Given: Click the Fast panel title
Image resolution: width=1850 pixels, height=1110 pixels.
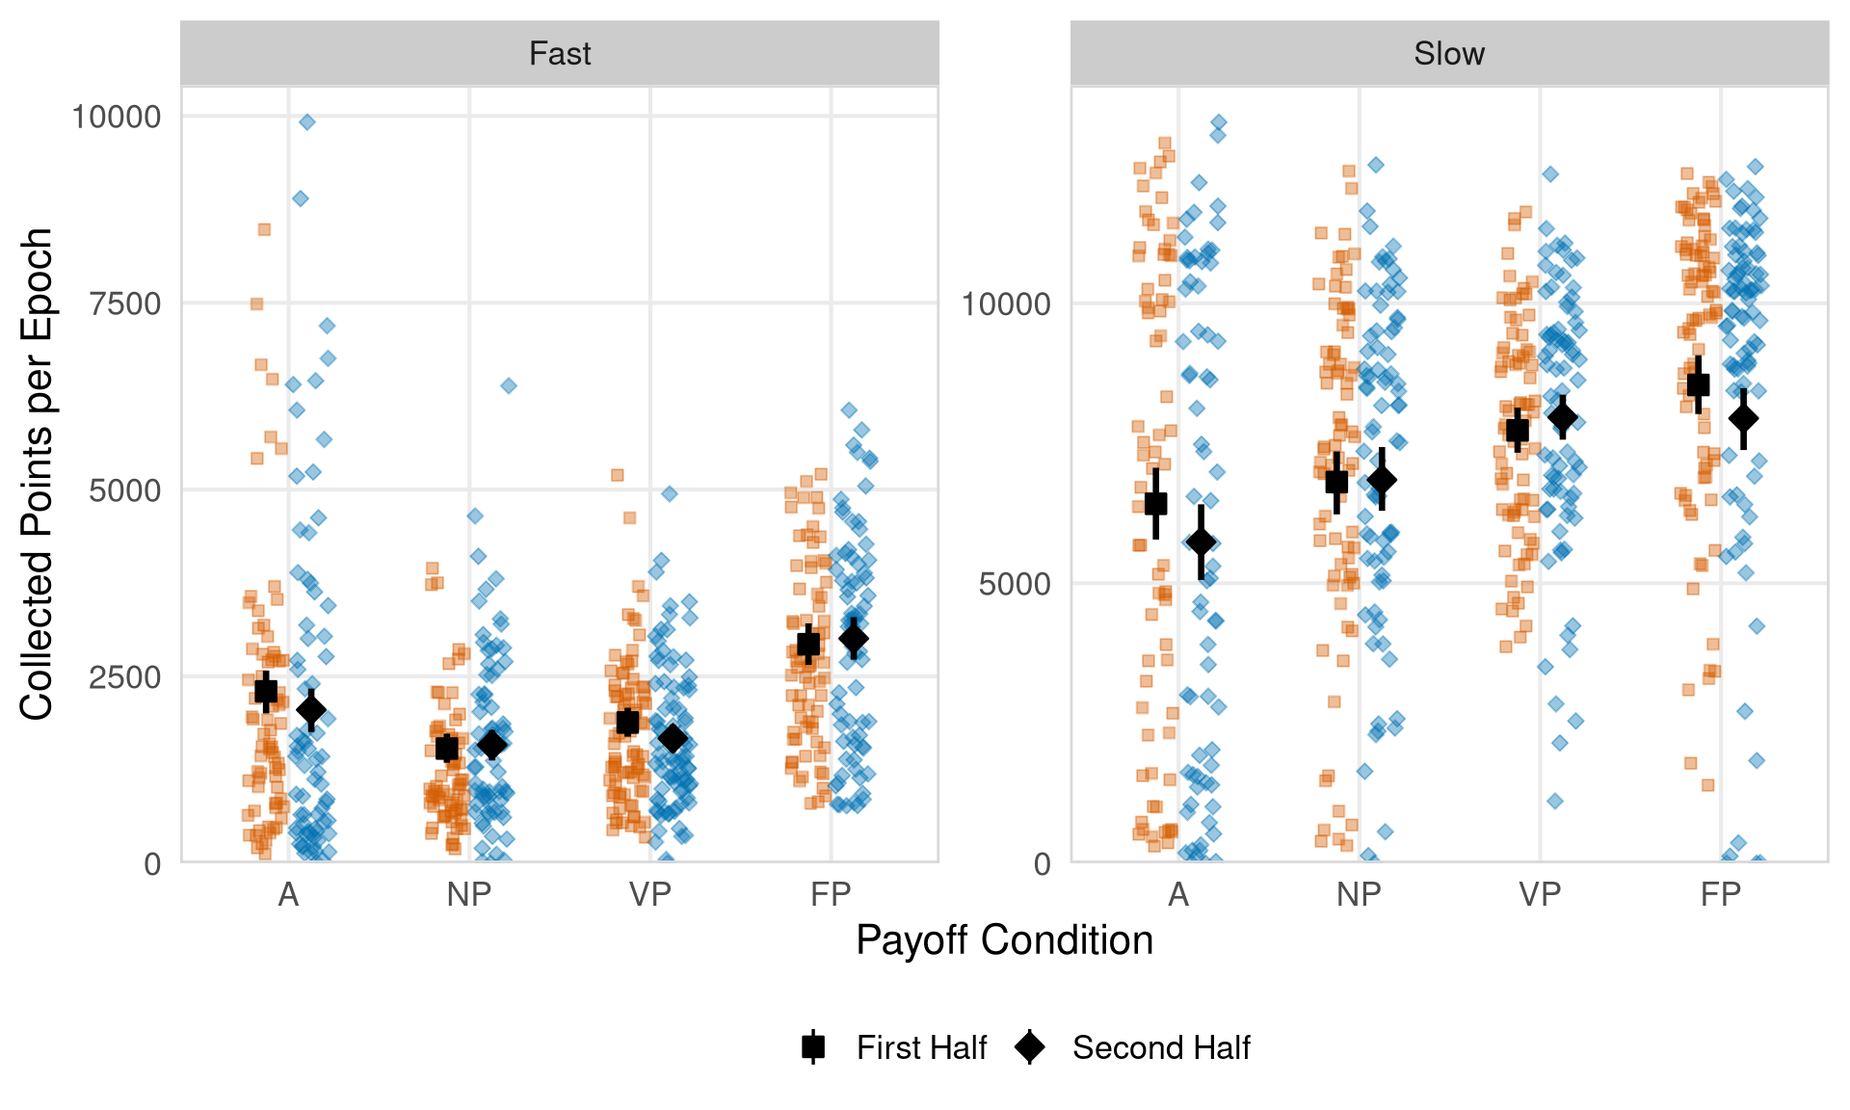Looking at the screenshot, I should tap(560, 54).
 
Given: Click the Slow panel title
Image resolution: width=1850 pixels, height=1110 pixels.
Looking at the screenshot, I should tap(1448, 54).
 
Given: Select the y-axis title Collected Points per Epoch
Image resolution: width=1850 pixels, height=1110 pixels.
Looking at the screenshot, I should tap(37, 474).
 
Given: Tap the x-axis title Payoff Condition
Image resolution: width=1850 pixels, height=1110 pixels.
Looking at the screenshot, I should tap(1004, 940).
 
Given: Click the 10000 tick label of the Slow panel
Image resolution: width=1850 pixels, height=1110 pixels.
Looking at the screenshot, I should tap(1005, 304).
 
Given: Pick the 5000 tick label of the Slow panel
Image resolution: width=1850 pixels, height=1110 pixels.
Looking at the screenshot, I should tap(1014, 584).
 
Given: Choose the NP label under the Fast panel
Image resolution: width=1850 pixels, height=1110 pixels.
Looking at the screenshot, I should tap(469, 895).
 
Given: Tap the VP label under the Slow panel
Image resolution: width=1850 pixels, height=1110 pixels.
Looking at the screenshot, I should tap(1540, 895).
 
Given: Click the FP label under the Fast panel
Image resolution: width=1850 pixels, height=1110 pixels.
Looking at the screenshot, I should tap(831, 895).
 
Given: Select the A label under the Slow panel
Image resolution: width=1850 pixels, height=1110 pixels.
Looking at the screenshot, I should tap(1178, 895).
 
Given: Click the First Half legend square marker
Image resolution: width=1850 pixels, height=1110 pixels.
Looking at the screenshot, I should tap(813, 1046).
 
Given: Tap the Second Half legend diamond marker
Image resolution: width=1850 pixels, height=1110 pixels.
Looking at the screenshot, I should tap(1030, 1046).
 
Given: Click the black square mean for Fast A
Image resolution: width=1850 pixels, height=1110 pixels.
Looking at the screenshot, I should tap(266, 691).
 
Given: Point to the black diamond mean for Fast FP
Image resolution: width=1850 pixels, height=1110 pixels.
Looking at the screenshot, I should tap(854, 638).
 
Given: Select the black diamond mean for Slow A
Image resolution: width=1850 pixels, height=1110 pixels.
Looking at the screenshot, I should tap(1201, 542).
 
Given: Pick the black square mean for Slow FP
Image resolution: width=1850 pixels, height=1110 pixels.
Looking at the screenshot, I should tap(1698, 384).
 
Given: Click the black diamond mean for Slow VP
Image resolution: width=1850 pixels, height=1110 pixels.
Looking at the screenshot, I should tap(1563, 417).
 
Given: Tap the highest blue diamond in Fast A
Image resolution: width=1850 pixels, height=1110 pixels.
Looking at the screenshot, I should tap(307, 122).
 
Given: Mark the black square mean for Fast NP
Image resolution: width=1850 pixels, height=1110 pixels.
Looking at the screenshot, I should tap(446, 748).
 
